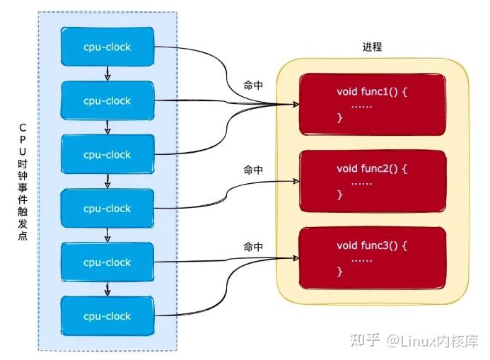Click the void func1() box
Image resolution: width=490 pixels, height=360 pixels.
373,104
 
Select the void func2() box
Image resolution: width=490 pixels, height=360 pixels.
373,182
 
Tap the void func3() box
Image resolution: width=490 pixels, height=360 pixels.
373,258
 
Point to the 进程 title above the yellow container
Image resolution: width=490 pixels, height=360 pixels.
372,47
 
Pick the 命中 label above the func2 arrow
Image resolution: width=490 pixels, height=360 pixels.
253,170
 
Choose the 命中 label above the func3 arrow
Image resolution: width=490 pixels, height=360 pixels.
253,247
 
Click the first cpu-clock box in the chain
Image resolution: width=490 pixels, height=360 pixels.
107,47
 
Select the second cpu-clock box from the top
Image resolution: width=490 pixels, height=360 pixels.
107,100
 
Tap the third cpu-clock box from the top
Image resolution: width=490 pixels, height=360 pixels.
107,154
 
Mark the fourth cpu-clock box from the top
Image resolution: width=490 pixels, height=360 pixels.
107,208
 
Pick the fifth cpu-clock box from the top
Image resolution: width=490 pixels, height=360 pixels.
107,262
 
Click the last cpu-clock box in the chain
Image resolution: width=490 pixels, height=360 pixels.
107,315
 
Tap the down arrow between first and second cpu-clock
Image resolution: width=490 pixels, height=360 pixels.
107,74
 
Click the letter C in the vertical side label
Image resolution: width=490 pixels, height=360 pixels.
23,127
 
